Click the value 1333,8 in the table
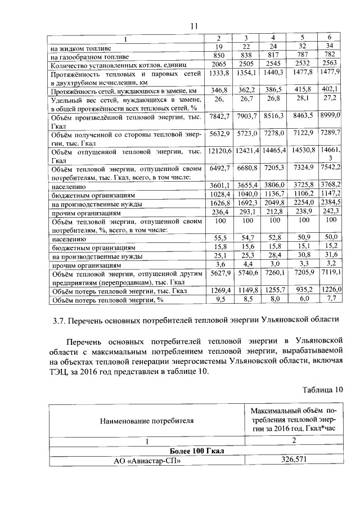coord(220,73)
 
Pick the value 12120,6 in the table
coord(220,151)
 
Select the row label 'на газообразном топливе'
coord(89,57)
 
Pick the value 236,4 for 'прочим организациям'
coord(220,212)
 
